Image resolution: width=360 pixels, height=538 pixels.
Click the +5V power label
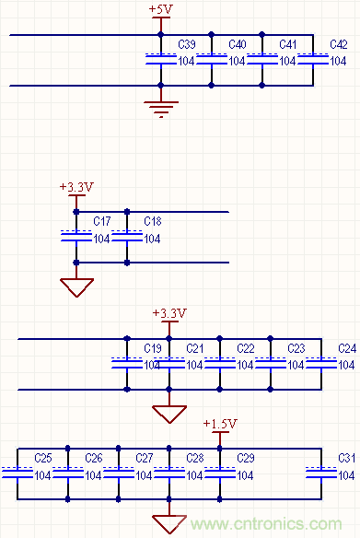(x=160, y=8)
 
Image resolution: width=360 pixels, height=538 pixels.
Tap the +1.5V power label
(x=220, y=424)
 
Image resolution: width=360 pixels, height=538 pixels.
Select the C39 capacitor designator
(x=185, y=44)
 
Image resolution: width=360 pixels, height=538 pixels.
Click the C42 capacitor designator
(x=338, y=44)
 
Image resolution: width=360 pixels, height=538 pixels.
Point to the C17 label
(x=102, y=222)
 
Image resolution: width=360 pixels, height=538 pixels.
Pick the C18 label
(x=153, y=222)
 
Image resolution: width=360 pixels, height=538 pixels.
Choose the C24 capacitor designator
(x=346, y=348)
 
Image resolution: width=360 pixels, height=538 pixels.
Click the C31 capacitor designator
(x=346, y=458)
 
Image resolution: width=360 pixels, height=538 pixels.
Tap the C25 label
(x=42, y=458)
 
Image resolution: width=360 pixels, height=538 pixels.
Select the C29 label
(x=245, y=458)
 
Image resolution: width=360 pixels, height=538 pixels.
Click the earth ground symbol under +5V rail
(x=161, y=111)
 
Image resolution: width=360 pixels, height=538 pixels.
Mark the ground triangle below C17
(x=76, y=287)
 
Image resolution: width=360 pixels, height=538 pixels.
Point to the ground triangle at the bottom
(x=169, y=523)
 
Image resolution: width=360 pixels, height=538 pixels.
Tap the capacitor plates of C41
(x=262, y=60)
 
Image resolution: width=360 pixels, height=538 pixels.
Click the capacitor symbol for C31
(x=321, y=474)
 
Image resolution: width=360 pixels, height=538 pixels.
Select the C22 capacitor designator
(x=245, y=348)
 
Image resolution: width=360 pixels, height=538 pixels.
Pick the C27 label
(x=144, y=458)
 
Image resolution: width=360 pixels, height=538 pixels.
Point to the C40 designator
(x=237, y=44)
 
